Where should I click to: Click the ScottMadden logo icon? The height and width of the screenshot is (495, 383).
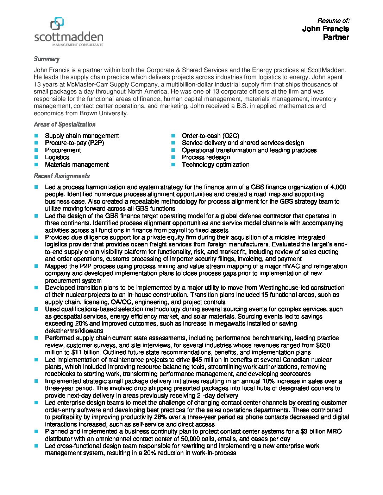pyautogui.click(x=57, y=24)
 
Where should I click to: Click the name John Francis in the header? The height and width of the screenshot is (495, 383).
pyautogui.click(x=325, y=29)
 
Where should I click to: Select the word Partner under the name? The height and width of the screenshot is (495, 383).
pyautogui.click(x=336, y=37)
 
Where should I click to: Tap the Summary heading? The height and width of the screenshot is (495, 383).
pyautogui.click(x=46, y=59)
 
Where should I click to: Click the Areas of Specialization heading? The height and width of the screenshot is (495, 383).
pyautogui.click(x=64, y=124)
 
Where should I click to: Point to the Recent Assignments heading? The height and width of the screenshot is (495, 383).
pyautogui.click(x=62, y=176)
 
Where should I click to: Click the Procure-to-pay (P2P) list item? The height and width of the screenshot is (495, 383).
pyautogui.click(x=74, y=143)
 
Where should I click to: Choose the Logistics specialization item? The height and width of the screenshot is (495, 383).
pyautogui.click(x=57, y=157)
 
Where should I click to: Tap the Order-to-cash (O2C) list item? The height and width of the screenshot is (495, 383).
pyautogui.click(x=210, y=136)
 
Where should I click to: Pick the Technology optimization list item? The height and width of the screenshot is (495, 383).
pyautogui.click(x=215, y=165)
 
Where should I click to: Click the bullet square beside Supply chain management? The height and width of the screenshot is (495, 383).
pyautogui.click(x=36, y=136)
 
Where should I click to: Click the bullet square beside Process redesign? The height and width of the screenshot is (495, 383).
pyautogui.click(x=173, y=157)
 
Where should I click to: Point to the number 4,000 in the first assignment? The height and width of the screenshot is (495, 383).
pyautogui.click(x=339, y=187)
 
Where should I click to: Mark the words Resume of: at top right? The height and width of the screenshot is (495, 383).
pyautogui.click(x=333, y=21)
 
